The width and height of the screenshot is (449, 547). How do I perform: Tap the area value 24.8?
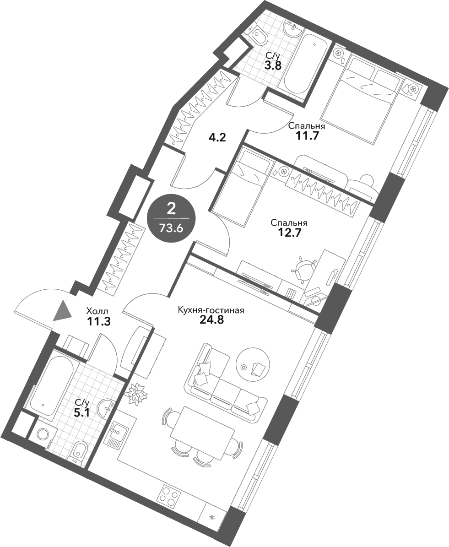click(212, 320)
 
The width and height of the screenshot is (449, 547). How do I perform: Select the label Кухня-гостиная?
click(211, 310)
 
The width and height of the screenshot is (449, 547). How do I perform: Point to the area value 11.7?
click(307, 135)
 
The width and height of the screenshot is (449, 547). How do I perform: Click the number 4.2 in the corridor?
click(216, 137)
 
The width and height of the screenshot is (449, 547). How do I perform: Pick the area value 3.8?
click(273, 65)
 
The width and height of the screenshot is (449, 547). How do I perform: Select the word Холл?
click(97, 311)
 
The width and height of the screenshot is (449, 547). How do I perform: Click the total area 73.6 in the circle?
click(171, 228)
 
